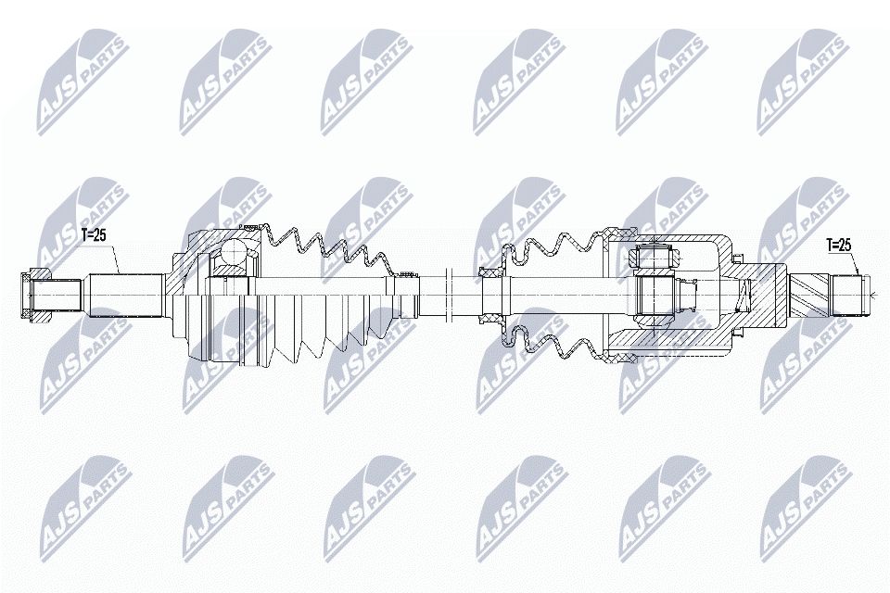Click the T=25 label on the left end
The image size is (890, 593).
pyautogui.click(x=93, y=235)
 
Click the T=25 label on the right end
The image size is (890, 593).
pyautogui.click(x=838, y=246)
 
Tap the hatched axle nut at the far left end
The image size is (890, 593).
pyautogui.click(x=35, y=295)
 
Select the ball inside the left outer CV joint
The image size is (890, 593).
pyautogui.click(x=232, y=253)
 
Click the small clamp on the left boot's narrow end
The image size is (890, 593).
pyautogui.click(x=405, y=273)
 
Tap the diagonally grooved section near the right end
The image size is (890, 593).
pyautogui.click(x=807, y=296)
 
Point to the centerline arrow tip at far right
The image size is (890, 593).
pyautogui.click(x=872, y=296)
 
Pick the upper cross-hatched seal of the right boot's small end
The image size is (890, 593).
pyautogui.click(x=490, y=272)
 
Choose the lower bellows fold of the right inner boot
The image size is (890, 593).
pyautogui.click(x=547, y=345)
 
